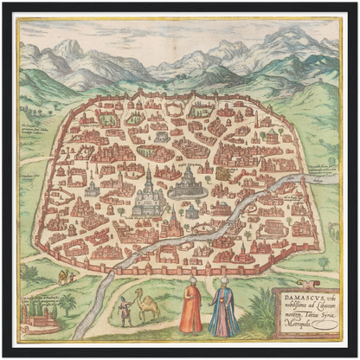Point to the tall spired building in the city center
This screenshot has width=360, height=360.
pos(149,192)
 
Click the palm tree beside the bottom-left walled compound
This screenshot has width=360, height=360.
pos(67,304)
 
